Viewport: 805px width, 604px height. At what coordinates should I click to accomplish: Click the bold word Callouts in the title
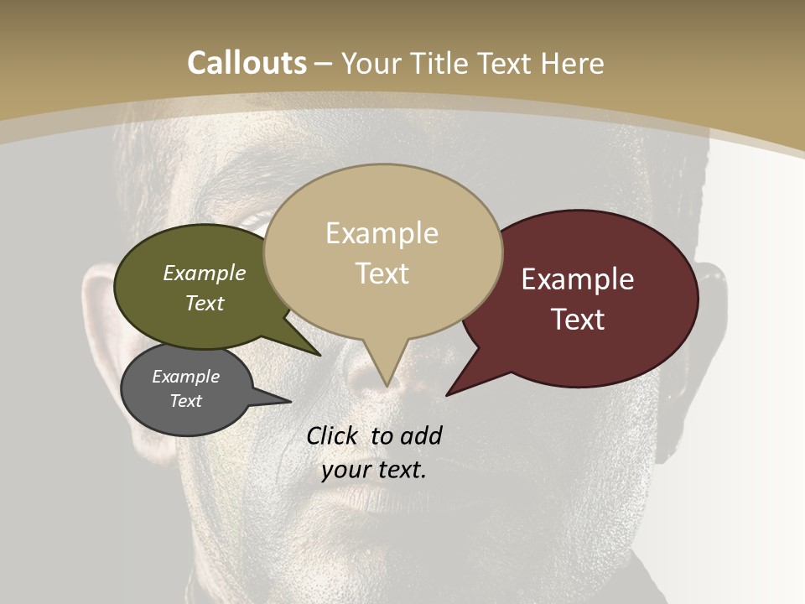pyautogui.click(x=247, y=63)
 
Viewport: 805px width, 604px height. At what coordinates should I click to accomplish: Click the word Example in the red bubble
pyautogui.click(x=578, y=279)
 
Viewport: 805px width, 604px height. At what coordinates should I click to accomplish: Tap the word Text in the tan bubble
pyautogui.click(x=382, y=273)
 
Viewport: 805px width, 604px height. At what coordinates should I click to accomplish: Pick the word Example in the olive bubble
pyautogui.click(x=205, y=273)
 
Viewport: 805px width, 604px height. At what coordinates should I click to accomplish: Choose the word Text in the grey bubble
pyautogui.click(x=186, y=401)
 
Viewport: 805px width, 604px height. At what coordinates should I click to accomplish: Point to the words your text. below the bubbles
pyautogui.click(x=374, y=470)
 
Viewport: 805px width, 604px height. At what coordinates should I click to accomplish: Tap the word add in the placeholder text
pyautogui.click(x=420, y=435)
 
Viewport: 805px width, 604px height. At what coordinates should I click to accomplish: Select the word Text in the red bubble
pyautogui.click(x=579, y=320)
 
